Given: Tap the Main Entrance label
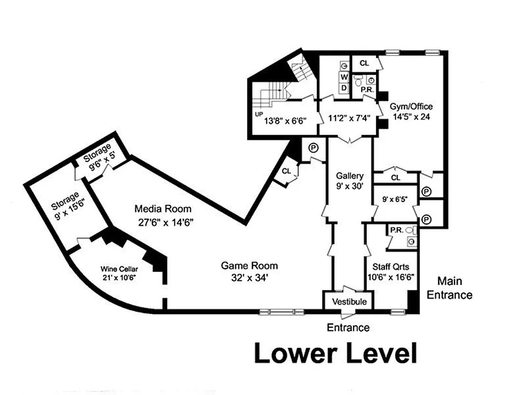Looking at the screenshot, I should pyautogui.click(x=449, y=288).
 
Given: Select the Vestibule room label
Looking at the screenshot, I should pyautogui.click(x=349, y=301).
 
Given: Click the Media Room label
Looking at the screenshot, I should pyautogui.click(x=163, y=209).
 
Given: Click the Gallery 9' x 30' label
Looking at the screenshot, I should pyautogui.click(x=350, y=181).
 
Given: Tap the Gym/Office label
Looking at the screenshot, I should pyautogui.click(x=411, y=106).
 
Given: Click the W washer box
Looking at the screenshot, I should pyautogui.click(x=344, y=78).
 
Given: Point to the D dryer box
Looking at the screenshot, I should pyautogui.click(x=344, y=87).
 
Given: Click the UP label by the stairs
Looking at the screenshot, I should pyautogui.click(x=258, y=114).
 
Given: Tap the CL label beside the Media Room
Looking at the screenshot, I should pyautogui.click(x=286, y=171).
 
